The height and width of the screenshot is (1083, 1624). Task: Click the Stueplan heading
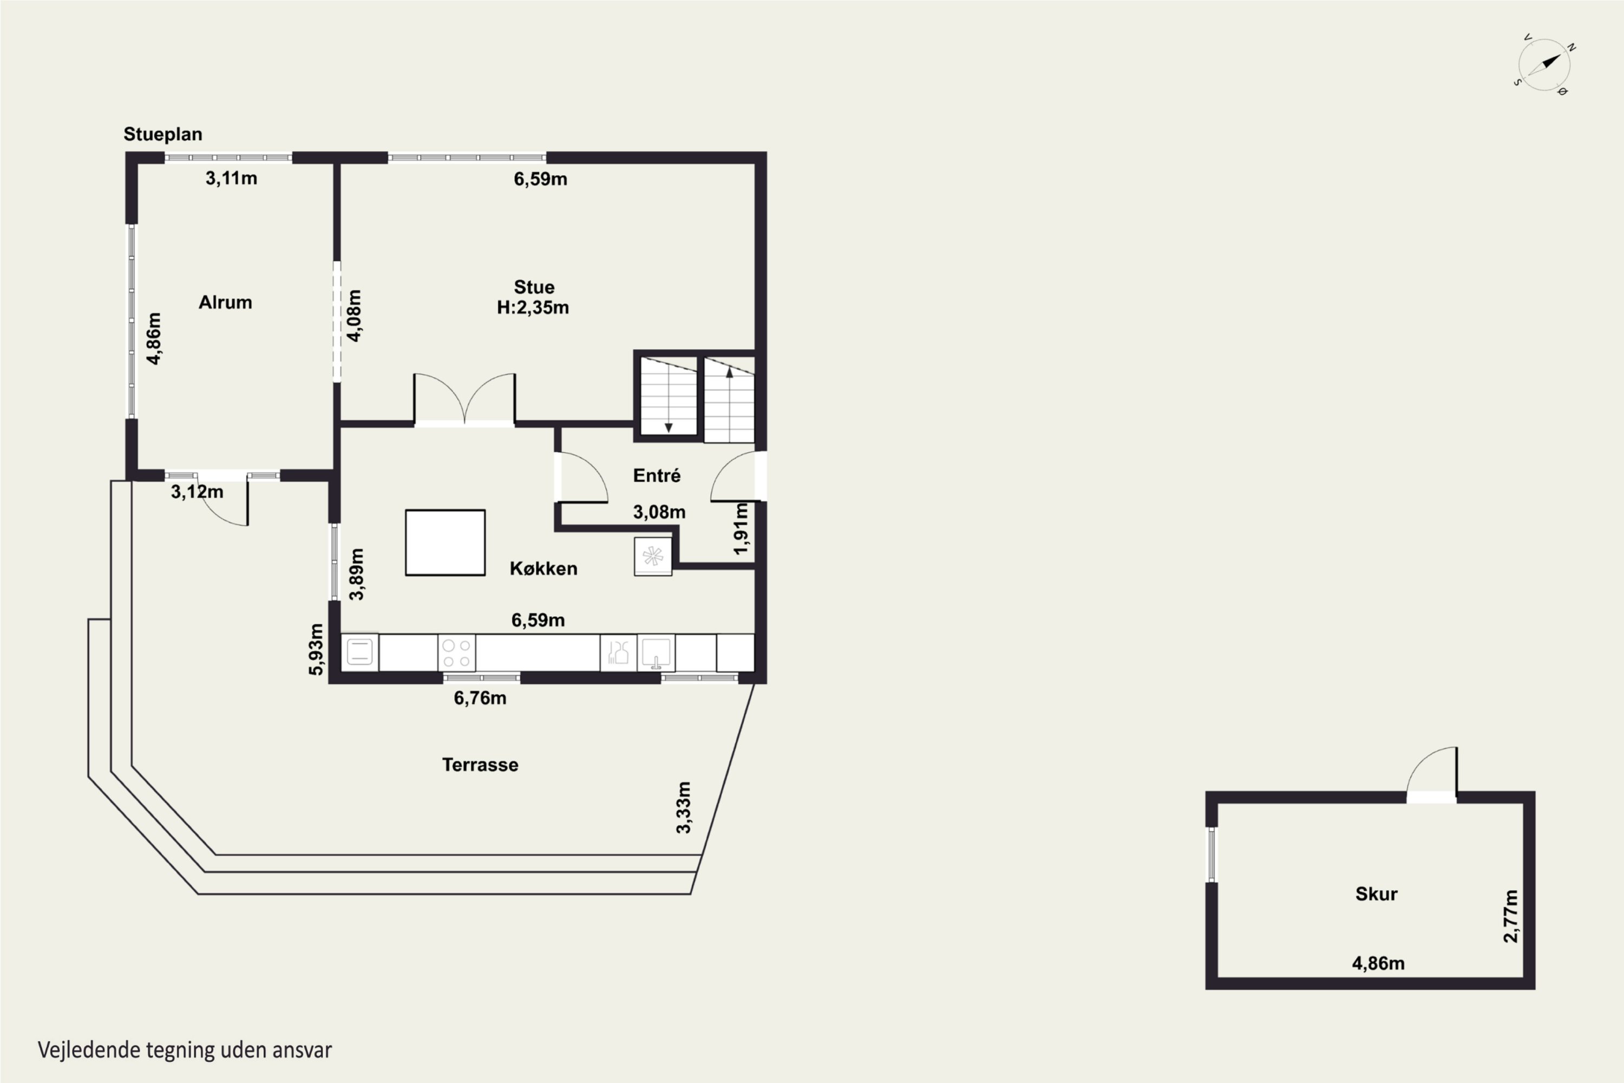pyautogui.click(x=163, y=134)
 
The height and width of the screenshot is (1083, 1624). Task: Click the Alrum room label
pyautogui.click(x=225, y=303)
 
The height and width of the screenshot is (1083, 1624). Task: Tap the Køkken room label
pyautogui.click(x=543, y=569)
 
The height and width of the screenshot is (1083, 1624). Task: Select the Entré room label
pyautogui.click(x=657, y=475)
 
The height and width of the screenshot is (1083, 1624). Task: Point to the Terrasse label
pyautogui.click(x=480, y=765)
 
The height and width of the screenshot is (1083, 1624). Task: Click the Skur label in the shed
pyautogui.click(x=1376, y=894)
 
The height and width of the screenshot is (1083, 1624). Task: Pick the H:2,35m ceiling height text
pyautogui.click(x=533, y=308)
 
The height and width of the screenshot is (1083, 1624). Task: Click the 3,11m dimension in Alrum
pyautogui.click(x=231, y=178)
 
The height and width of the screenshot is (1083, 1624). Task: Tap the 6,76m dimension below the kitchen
pyautogui.click(x=480, y=699)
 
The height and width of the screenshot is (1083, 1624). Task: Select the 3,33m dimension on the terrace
pyautogui.click(x=683, y=807)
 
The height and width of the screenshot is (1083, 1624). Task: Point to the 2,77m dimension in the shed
pyautogui.click(x=1511, y=916)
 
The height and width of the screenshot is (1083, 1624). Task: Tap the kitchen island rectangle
pyautogui.click(x=446, y=543)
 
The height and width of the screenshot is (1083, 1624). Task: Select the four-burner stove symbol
pyautogui.click(x=456, y=653)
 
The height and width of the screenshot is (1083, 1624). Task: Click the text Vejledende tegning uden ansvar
pyautogui.click(x=185, y=1050)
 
